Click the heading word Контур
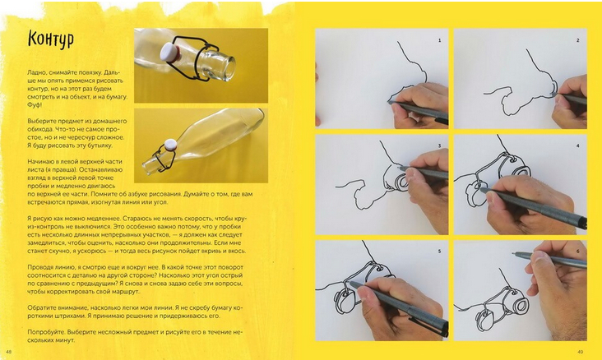(x=51, y=39)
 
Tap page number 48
(x=9, y=352)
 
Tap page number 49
(x=580, y=352)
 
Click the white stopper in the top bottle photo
(x=170, y=52)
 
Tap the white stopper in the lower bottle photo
(x=170, y=145)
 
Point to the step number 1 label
(x=440, y=40)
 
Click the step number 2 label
(x=578, y=40)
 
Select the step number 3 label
(x=440, y=145)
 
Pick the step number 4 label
(x=578, y=145)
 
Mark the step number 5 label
(x=440, y=252)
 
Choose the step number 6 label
(x=578, y=252)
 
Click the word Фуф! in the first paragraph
(x=35, y=104)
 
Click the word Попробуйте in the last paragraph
(x=45, y=332)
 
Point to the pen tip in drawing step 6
(x=514, y=253)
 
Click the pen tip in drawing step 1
(x=389, y=102)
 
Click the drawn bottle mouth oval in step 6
(x=521, y=306)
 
